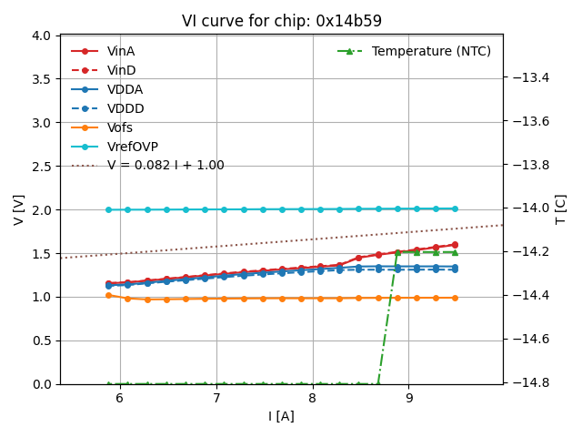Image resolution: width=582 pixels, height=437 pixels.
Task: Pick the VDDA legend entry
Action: click(125, 90)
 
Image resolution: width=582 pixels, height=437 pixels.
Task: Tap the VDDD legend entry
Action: click(125, 109)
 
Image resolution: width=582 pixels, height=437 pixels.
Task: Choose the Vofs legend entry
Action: click(120, 128)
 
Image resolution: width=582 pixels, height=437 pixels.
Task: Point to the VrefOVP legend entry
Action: click(133, 147)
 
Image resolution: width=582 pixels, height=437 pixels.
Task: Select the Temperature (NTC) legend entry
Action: click(431, 52)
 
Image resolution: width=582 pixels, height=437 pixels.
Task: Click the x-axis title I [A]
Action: click(281, 417)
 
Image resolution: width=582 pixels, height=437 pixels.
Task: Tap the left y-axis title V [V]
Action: click(19, 209)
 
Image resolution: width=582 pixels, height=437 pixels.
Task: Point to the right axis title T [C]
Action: click(561, 209)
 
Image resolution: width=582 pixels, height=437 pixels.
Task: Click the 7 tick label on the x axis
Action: click(216, 398)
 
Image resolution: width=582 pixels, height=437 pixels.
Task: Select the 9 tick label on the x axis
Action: click(408, 398)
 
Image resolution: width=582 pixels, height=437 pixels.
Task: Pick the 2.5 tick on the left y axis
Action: click(40, 167)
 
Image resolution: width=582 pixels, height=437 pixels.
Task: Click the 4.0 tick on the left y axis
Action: click(40, 36)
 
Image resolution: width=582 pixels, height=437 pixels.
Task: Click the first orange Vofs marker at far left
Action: click(108, 295)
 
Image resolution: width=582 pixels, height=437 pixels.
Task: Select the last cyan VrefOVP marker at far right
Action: click(455, 208)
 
